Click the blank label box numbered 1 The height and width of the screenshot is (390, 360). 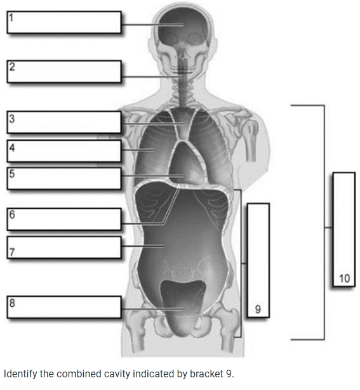point(64,22)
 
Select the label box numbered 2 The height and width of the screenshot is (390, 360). point(64,72)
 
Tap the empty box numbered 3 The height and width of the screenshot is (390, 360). point(64,122)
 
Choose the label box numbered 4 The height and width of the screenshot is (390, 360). point(64,151)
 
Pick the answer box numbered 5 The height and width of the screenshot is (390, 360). point(64,179)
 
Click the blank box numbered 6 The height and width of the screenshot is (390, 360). point(64,219)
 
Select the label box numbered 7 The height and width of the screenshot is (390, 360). point(64,247)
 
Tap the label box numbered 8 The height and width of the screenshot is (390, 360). point(64,307)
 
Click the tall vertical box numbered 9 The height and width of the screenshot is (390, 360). point(258,261)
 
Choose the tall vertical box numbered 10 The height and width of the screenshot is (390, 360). point(344,230)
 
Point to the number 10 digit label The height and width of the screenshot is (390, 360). point(344,278)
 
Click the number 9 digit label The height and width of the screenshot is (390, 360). point(258,309)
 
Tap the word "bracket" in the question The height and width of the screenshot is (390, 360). point(206,374)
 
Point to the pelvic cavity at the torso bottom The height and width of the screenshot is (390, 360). point(183,307)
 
